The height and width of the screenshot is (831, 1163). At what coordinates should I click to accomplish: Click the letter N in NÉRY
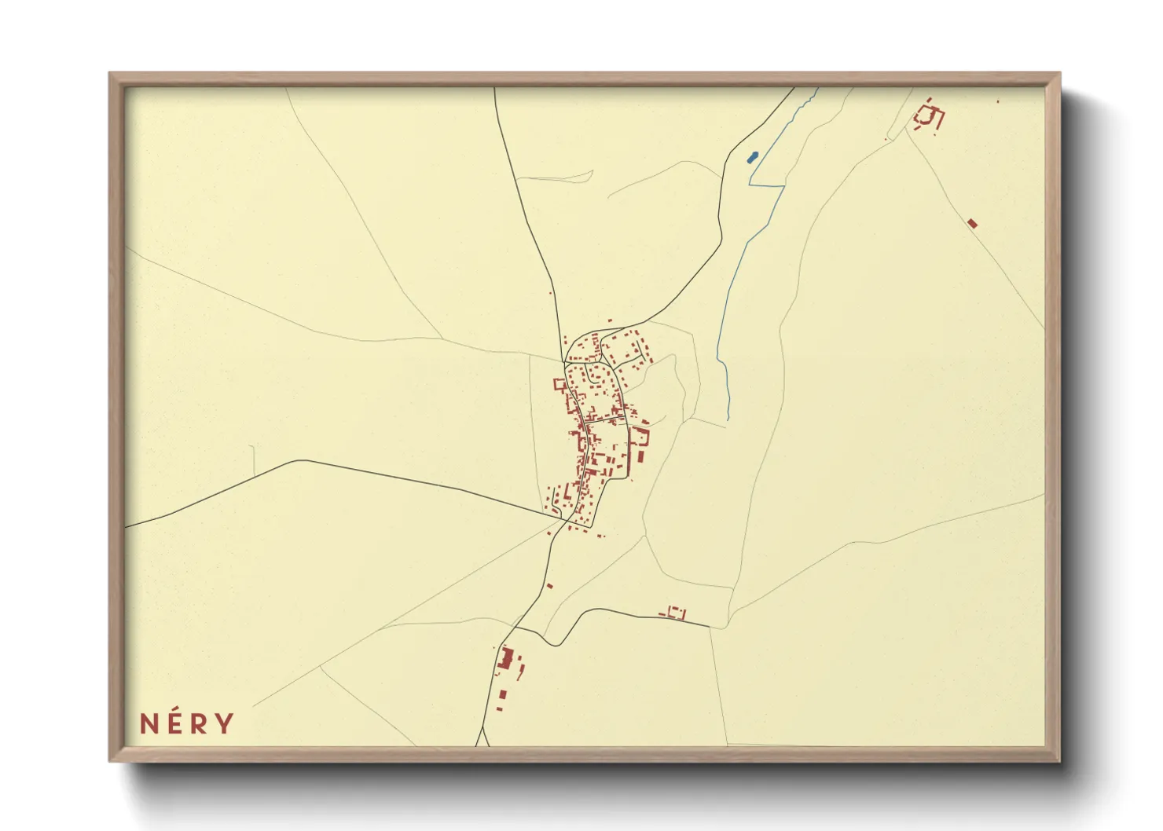tap(149, 723)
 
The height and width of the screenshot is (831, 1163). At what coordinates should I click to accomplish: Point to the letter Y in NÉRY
tap(225, 723)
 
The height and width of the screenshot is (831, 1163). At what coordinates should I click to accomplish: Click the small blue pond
tap(752, 157)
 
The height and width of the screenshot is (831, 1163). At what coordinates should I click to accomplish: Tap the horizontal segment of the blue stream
tap(767, 186)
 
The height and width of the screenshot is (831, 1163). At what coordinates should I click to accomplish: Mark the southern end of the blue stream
tap(728, 419)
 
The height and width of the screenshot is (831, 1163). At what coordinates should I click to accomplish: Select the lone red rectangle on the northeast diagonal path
tap(972, 224)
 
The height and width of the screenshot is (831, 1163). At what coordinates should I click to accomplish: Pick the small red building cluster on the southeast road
tap(674, 612)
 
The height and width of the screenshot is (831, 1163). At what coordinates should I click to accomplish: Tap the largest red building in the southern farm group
tap(506, 658)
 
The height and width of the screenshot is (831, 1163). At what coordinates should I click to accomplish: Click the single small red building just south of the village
tap(549, 585)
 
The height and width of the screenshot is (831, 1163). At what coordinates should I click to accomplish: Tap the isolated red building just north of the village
tap(610, 320)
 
